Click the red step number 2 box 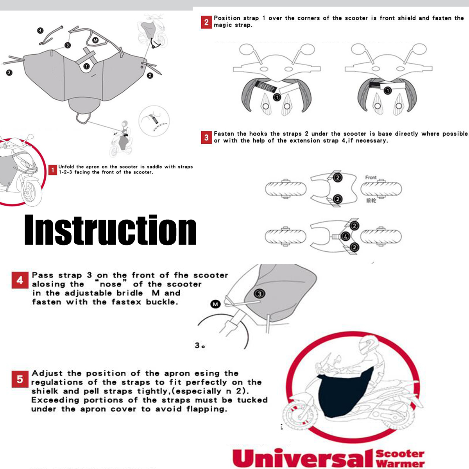click(206, 22)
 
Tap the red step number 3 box click(206, 138)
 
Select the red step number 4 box click(20, 280)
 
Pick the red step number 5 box click(20, 379)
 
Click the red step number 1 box click(53, 170)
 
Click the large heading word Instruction click(110, 230)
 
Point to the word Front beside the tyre click(371, 177)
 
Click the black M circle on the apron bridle click(95, 40)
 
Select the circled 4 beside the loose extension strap click(40, 30)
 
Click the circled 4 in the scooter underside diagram click(345, 236)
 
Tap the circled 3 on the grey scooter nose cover click(260, 294)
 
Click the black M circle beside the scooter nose click(215, 304)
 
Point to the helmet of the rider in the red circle click(368, 344)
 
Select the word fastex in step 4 click(126, 302)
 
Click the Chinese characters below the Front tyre click(371, 200)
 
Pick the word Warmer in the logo click(400, 464)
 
